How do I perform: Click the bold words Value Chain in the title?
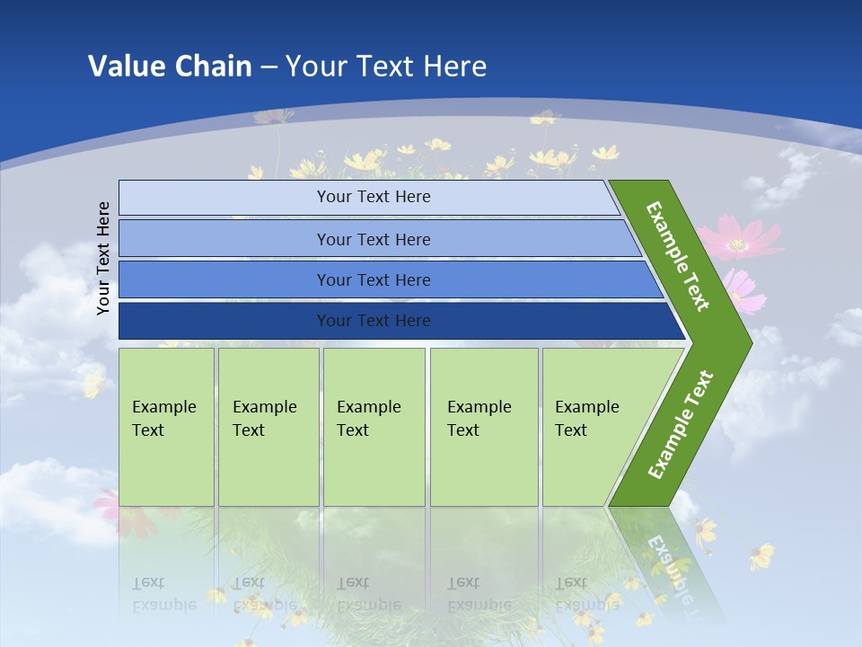170,66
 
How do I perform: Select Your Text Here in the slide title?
386,66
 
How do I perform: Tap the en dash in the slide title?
268,67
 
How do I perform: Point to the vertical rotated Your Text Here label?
103,258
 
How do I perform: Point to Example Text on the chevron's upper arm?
678,256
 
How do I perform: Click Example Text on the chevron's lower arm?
681,424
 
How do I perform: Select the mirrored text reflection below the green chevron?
669,566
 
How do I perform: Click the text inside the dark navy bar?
374,321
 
